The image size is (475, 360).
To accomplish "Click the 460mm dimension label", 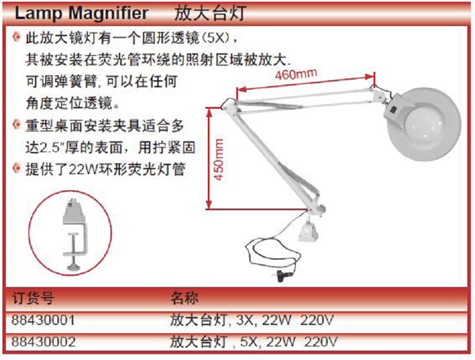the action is point(296,74).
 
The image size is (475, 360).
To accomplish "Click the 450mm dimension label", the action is point(218,159).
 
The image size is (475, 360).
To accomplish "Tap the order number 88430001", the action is point(43,320).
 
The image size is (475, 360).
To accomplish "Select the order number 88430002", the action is point(43,342).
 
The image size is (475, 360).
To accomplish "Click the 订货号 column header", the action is point(33,298).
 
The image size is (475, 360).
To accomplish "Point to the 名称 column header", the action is point(185,298).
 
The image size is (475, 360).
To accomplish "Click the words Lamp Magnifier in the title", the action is point(81,13).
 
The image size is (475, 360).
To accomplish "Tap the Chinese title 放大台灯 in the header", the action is point(210,13).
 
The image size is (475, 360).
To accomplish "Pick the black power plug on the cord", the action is point(283,276).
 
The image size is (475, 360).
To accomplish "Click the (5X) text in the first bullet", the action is point(216,38).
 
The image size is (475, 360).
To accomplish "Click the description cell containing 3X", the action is point(252,320).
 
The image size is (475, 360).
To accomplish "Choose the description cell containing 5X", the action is point(254,342).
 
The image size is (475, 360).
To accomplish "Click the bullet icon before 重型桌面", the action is point(17,125).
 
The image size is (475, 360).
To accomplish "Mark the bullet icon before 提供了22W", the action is point(17,168).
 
